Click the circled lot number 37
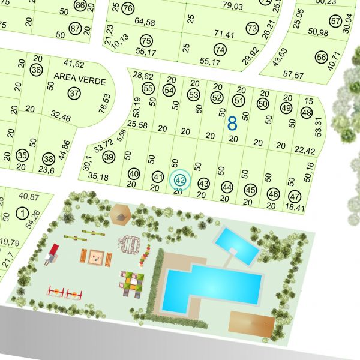[74, 94]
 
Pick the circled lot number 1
[22, 212]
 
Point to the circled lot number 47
[294, 196]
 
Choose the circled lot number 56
[322, 58]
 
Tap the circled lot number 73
[251, 29]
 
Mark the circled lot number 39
[109, 157]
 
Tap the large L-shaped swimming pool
[207, 287]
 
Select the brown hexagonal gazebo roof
[121, 212]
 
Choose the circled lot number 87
[75, 29]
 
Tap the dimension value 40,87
[29, 196]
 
